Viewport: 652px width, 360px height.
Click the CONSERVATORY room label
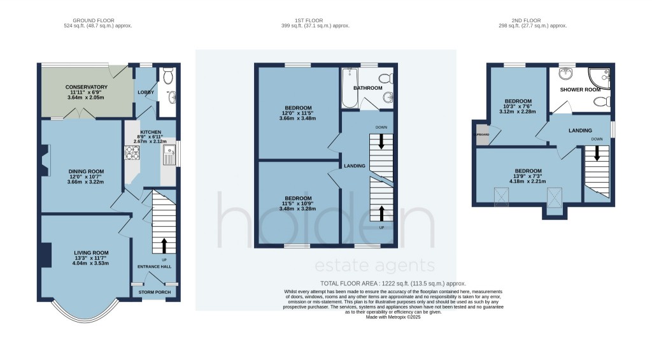pos(86,87)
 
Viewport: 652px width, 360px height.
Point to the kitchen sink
pos(169,153)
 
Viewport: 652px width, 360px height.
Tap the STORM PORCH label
pos(155,292)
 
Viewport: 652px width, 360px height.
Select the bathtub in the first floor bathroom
pos(348,89)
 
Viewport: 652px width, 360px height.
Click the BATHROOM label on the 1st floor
pos(368,88)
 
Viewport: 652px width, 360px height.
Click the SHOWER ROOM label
pos(580,90)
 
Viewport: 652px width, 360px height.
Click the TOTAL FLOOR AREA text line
pos(392,283)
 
